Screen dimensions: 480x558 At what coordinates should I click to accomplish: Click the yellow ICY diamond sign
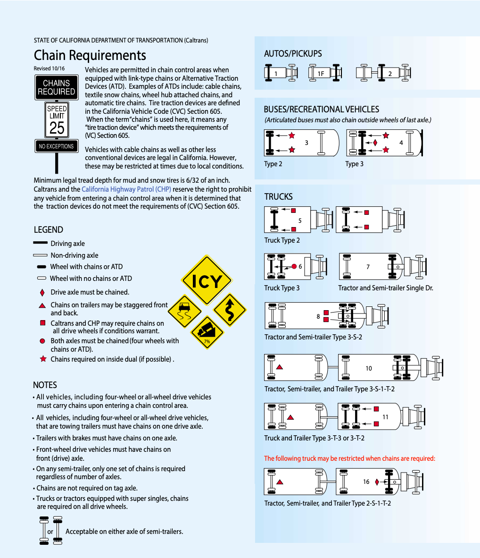coord(207,280)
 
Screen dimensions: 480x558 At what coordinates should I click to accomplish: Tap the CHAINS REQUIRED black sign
coord(57,87)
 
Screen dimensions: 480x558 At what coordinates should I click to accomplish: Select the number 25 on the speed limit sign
coord(57,128)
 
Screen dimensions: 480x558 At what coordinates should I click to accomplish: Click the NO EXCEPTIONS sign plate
coord(57,146)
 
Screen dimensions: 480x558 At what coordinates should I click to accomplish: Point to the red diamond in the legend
coord(42,293)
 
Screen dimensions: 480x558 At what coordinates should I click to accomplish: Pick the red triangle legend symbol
coord(42,305)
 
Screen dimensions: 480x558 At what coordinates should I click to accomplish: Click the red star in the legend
coord(43,359)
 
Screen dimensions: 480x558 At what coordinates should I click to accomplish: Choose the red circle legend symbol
coord(42,341)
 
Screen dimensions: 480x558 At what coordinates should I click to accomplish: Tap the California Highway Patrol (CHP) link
coord(126,189)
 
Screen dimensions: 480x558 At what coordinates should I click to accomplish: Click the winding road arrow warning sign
coord(230,310)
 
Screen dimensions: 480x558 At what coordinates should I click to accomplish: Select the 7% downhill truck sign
coord(207,332)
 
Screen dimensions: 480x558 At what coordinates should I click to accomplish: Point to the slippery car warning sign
coord(184,311)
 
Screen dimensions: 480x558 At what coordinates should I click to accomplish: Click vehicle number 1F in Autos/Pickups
coord(321,74)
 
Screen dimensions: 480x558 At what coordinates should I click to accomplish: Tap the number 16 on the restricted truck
coord(366,482)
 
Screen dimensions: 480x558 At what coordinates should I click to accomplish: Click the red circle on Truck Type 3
coord(294,266)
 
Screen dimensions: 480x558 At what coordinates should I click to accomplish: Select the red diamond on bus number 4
coord(375,143)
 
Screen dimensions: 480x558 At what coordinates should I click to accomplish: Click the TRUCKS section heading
coord(278,197)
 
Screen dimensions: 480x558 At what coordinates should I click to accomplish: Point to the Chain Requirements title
coord(90,56)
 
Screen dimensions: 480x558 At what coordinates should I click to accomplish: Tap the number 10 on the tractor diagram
coord(369,368)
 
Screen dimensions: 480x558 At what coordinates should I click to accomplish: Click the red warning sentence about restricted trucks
coord(349,458)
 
